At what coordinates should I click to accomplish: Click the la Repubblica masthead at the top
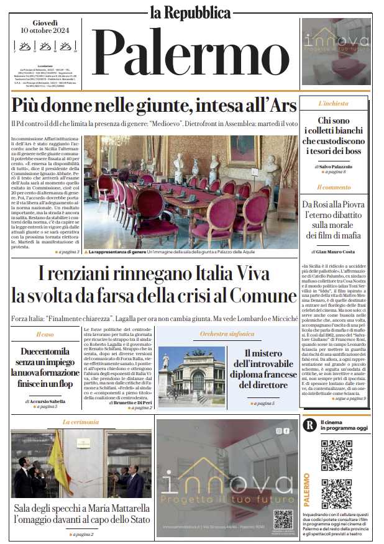pos(191,12)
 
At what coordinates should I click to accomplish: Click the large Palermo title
pos(191,53)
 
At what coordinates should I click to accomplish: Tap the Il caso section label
pos(44,335)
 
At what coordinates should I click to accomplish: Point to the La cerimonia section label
pos(81,422)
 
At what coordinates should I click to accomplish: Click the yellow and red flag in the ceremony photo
pos(60,459)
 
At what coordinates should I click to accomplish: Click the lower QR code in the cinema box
pos(336,494)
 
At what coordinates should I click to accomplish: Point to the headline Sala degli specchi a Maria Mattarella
pos(81,513)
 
